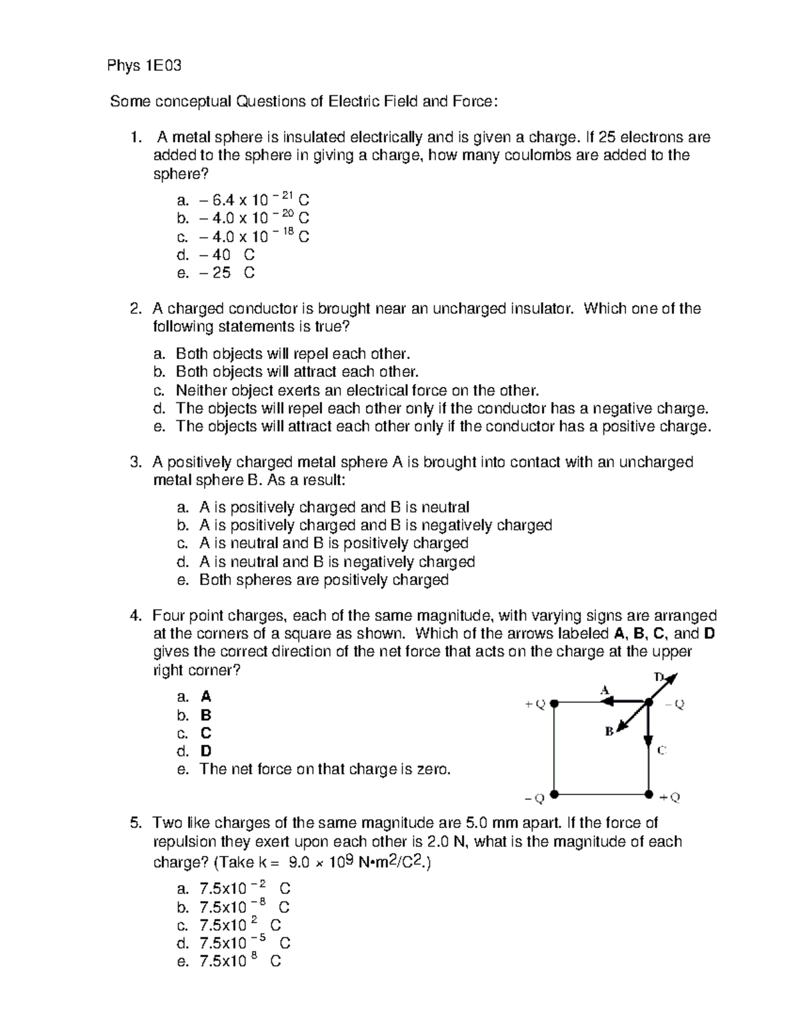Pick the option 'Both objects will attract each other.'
pos(297,372)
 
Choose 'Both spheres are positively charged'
pos(323,580)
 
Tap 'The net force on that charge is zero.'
pos(325,769)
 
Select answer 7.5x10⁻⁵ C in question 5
pos(244,943)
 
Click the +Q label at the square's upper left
pos(535,704)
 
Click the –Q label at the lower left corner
pos(535,797)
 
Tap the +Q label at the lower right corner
pos(669,797)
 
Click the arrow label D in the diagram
pos(659,676)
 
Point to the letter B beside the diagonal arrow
pos(609,732)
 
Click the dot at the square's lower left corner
pos(554,795)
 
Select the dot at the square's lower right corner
pos(648,795)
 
